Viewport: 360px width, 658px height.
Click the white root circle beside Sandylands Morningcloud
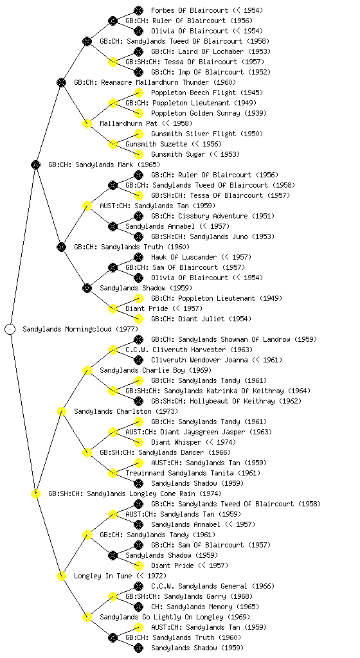10,329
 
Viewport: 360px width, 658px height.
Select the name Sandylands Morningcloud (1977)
80,329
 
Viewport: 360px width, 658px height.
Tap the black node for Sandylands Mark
35,164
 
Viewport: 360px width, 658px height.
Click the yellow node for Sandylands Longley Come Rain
35,493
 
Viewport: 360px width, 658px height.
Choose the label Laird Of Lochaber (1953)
211,51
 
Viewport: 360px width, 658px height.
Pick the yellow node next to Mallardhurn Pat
87,123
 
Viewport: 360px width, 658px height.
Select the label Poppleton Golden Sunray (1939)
208,113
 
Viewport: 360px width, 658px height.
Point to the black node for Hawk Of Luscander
138,257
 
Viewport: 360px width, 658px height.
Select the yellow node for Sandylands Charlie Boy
87,370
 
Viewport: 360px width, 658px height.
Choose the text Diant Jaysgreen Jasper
199,432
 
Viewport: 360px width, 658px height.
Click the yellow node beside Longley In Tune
61,576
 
